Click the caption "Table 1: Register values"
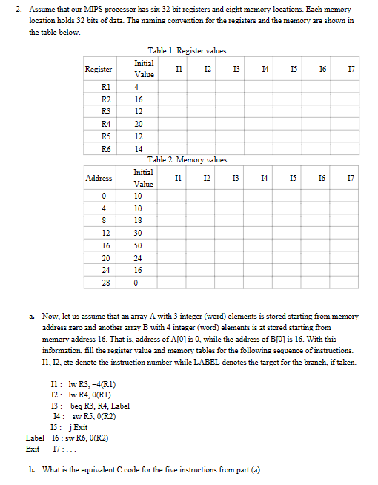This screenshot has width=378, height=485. tap(187, 50)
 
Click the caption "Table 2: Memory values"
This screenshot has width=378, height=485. tap(187, 159)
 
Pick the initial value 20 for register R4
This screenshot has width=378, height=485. tap(139, 123)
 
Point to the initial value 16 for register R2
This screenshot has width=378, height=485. tap(139, 98)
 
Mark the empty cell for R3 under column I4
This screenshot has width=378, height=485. tap(265, 110)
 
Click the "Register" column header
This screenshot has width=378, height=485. tap(99, 69)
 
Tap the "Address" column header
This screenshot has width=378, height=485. tap(99, 179)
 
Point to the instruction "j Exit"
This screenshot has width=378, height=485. tap(74, 427)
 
